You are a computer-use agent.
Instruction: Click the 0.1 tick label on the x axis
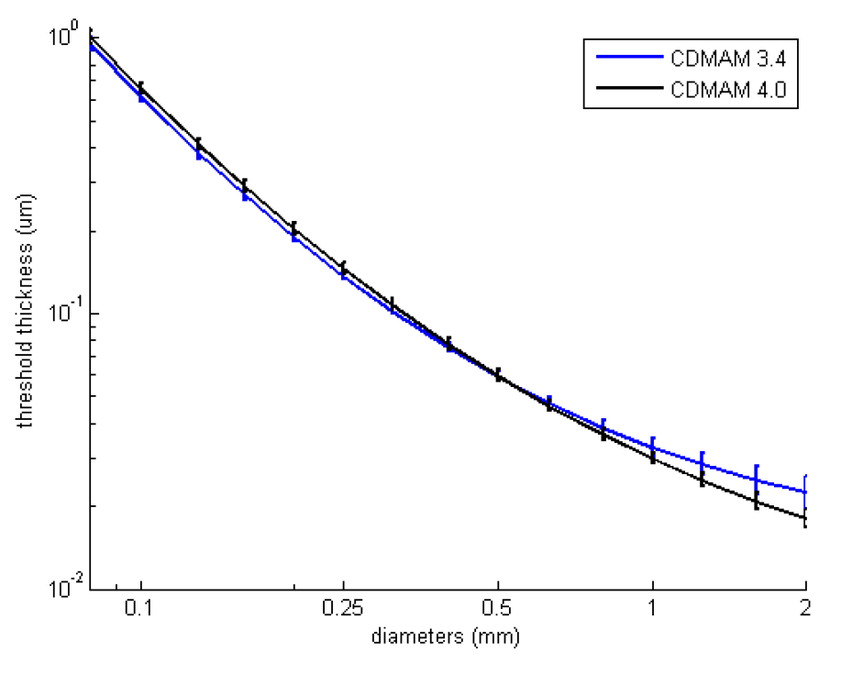click(140, 609)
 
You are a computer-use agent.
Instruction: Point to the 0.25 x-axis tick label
click(343, 609)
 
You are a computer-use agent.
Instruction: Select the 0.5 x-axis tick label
click(498, 609)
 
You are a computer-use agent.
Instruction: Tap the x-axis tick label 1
click(652, 609)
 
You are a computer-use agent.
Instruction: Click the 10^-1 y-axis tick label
click(56, 312)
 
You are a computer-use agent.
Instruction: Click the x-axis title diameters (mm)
click(447, 634)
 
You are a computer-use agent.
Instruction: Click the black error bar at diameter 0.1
click(141, 88)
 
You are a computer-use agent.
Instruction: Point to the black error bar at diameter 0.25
click(343, 268)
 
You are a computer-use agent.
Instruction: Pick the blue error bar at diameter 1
click(652, 444)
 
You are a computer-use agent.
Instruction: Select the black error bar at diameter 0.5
click(498, 374)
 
